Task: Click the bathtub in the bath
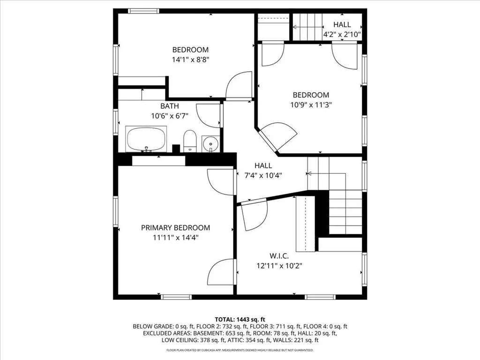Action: (x=146, y=139)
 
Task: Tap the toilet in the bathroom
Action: (x=189, y=141)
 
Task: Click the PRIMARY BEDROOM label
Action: (x=176, y=228)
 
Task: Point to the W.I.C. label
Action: (x=278, y=256)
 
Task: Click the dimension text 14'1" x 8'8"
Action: (x=190, y=60)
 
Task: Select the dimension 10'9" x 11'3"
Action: (x=311, y=105)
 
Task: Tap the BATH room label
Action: (x=169, y=106)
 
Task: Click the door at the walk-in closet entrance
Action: (x=254, y=215)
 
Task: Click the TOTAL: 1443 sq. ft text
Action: (x=240, y=318)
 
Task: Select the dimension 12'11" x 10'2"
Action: (x=278, y=265)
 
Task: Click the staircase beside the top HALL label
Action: (x=307, y=27)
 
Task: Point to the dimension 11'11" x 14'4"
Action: (x=176, y=237)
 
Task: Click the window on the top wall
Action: (x=143, y=11)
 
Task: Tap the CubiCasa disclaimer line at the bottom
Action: (x=240, y=350)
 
